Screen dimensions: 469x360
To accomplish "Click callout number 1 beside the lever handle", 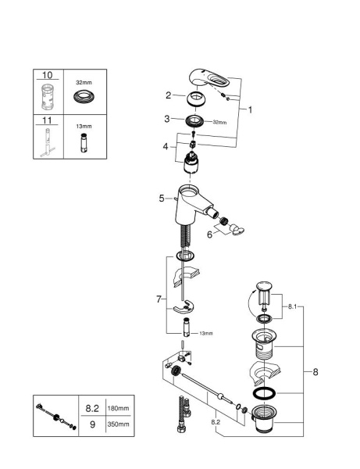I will click(x=249, y=110).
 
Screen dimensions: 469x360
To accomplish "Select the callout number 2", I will click(x=169, y=95).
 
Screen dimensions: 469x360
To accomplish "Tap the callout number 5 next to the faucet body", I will click(x=162, y=199).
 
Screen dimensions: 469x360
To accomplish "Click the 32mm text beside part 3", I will click(x=220, y=123).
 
